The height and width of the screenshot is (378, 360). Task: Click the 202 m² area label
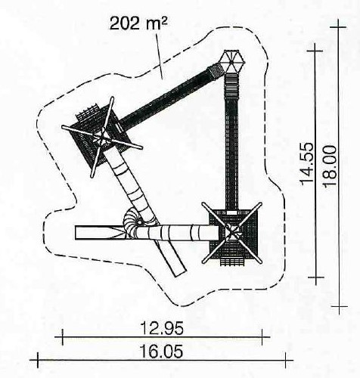coord(138,24)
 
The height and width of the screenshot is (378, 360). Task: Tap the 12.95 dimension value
coord(162,328)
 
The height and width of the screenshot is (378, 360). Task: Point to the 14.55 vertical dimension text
coord(306,163)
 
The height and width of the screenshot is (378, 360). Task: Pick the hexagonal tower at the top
coord(231,62)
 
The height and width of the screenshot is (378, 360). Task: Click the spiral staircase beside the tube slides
coord(132,222)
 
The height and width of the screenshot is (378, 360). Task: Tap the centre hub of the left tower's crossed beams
coord(102,138)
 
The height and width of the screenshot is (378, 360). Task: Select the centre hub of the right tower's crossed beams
coord(232,232)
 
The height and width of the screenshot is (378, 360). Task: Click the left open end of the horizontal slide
coord(76,232)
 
